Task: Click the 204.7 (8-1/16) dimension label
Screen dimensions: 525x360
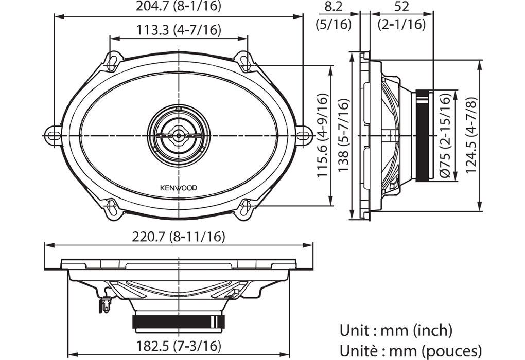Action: (x=179, y=6)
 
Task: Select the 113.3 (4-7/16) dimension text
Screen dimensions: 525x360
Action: (x=179, y=30)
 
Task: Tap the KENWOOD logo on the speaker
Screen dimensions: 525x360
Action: (x=178, y=188)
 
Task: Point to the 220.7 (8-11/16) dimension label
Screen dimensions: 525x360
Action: (x=179, y=237)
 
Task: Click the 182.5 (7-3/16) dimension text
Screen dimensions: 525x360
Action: (x=179, y=346)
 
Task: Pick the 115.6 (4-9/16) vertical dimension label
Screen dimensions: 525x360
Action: (x=322, y=135)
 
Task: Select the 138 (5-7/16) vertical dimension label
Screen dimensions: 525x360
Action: (x=343, y=135)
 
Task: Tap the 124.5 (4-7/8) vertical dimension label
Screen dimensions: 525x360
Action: (x=471, y=135)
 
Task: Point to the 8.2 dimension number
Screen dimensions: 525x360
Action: (x=334, y=7)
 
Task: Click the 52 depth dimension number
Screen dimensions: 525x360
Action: (x=401, y=7)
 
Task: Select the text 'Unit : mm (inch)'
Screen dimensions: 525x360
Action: (x=396, y=331)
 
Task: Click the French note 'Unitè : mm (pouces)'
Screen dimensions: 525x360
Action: (x=411, y=351)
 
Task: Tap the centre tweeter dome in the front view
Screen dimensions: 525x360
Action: (x=179, y=135)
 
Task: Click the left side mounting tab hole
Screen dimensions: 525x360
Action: (x=54, y=135)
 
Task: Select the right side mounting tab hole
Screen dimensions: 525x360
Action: (x=303, y=135)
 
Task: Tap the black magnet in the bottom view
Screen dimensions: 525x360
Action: (x=179, y=322)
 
